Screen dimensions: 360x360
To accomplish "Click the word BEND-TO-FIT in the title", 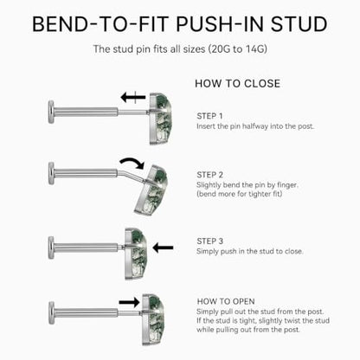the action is [x=100, y=24].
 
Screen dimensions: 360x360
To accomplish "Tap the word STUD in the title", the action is [x=299, y=24].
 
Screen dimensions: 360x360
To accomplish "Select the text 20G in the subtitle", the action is [x=222, y=48].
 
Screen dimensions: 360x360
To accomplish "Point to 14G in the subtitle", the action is [x=254, y=48].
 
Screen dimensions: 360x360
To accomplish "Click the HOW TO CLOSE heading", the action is [x=237, y=84].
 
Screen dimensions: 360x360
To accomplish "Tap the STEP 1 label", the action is [x=209, y=116].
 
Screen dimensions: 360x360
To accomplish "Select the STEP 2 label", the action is [x=209, y=175].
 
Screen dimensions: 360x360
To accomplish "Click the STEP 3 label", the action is [x=209, y=241].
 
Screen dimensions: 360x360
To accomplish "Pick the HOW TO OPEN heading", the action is [x=226, y=301].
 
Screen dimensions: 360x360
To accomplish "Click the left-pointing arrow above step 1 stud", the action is [x=133, y=97].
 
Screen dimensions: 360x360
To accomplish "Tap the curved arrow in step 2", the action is [x=132, y=162].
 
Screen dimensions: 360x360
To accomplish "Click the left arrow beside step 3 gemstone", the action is [x=163, y=247].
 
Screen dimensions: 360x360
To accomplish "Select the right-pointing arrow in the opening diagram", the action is [x=129, y=302].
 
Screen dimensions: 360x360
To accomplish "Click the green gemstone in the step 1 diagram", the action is [x=160, y=119].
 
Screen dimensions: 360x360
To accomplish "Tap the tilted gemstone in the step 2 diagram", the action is [x=151, y=190].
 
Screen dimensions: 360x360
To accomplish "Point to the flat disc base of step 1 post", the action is [x=51, y=112].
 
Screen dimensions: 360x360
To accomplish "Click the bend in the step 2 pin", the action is [x=119, y=172].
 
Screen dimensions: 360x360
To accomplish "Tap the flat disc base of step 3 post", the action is [x=51, y=247].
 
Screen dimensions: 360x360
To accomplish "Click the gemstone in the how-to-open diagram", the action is [x=153, y=319].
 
